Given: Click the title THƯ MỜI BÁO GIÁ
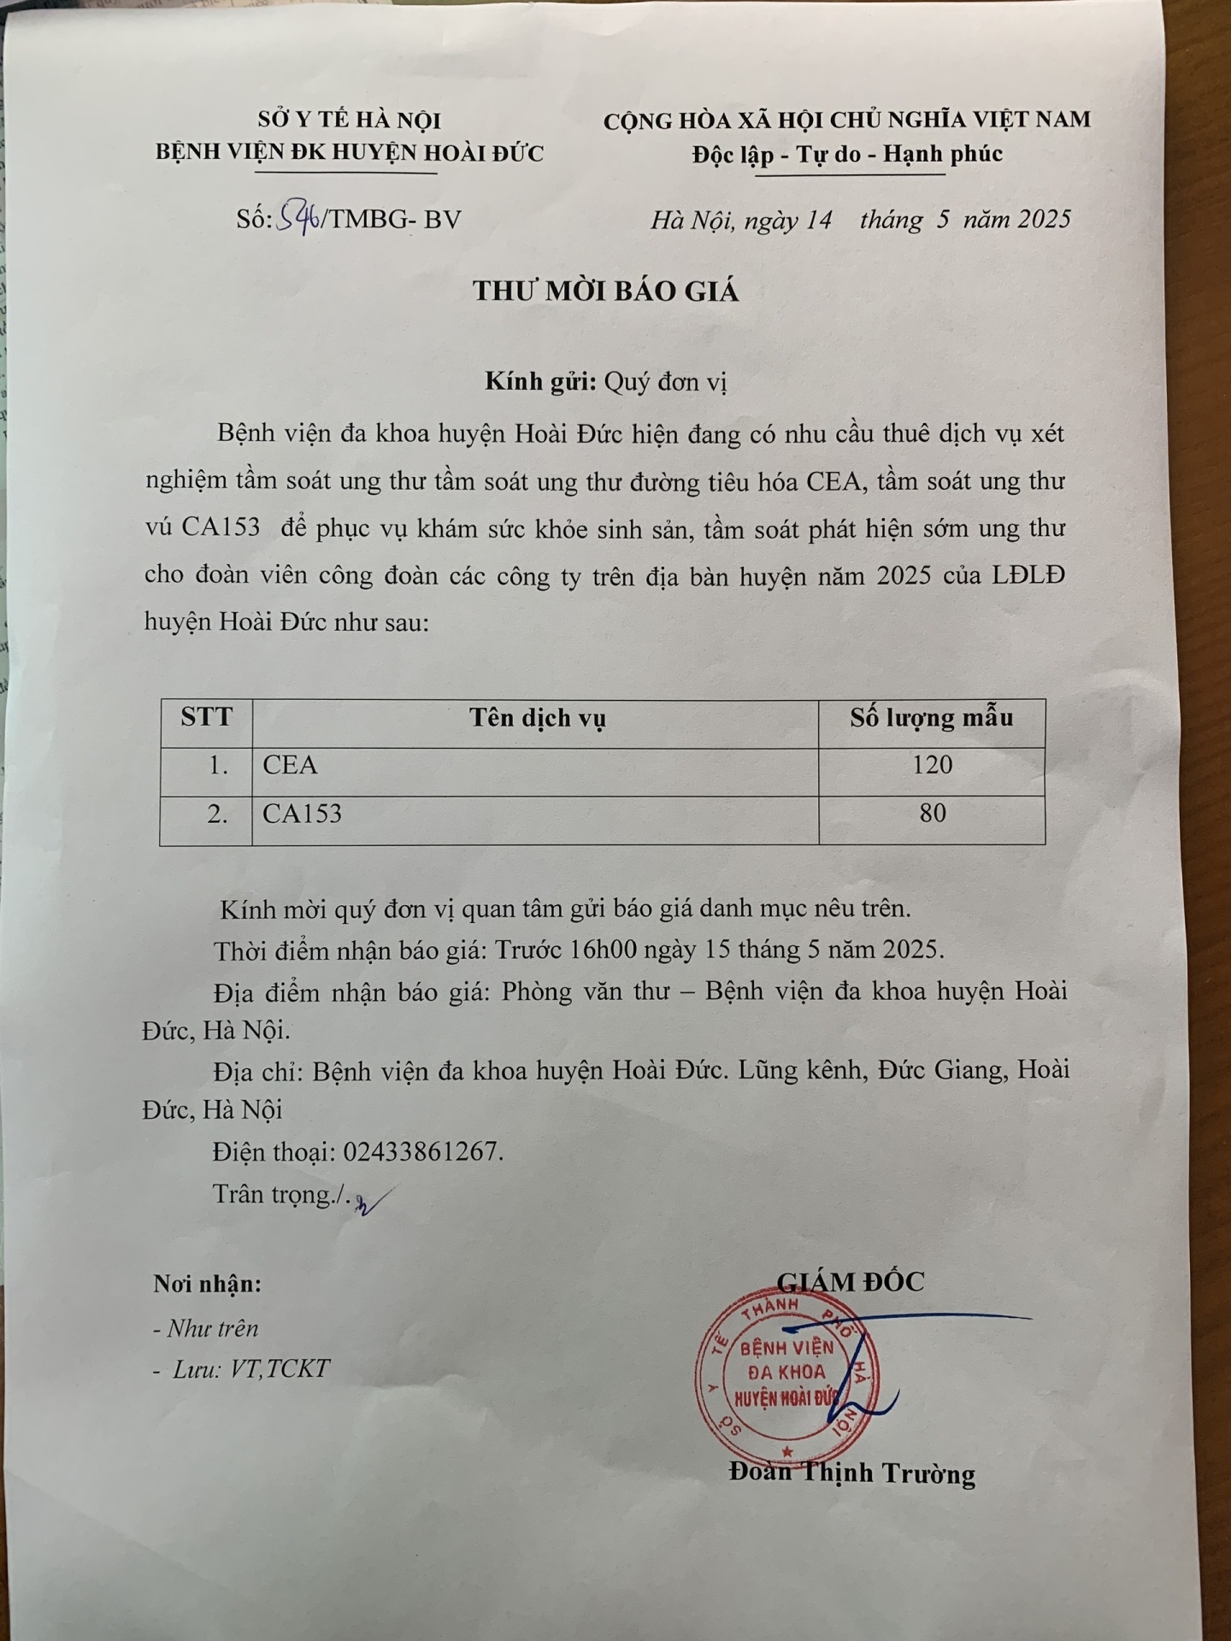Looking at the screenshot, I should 605,291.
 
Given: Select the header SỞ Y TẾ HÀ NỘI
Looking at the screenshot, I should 350,121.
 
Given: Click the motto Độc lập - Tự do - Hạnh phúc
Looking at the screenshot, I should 847,155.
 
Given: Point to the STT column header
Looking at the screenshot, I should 206,716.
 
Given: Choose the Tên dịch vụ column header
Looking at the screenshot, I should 537,718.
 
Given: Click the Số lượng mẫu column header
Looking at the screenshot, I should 931,718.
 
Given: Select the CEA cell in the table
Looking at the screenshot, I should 291,765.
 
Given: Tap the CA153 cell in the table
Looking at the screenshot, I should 302,814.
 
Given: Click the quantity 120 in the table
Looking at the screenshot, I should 931,765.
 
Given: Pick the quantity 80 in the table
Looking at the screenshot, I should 932,813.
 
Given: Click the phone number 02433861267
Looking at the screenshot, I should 422,1152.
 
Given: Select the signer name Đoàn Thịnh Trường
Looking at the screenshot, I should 852,1473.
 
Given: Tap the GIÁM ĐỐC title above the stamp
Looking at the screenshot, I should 851,1281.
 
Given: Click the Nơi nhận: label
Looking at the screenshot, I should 208,1284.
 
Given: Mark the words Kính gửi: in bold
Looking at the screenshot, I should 540,382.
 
